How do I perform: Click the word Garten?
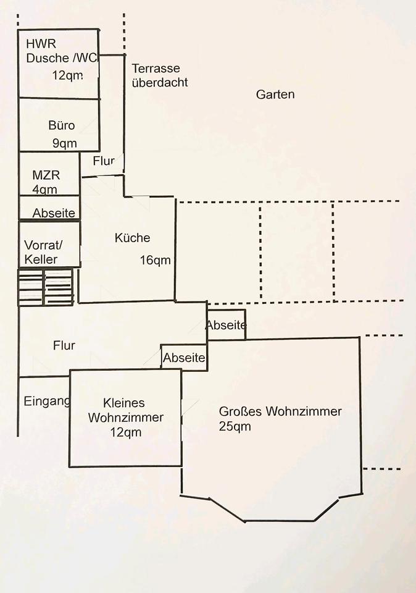pyautogui.click(x=275, y=95)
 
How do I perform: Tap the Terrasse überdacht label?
pyautogui.click(x=160, y=75)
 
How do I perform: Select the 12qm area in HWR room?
pyautogui.click(x=67, y=75)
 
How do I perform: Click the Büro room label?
pyautogui.click(x=62, y=125)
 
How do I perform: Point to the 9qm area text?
pyautogui.click(x=64, y=144)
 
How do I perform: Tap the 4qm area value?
pyautogui.click(x=44, y=190)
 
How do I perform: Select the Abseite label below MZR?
pyautogui.click(x=54, y=213)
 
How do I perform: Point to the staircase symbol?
pyautogui.click(x=46, y=287)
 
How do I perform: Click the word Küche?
pyautogui.click(x=132, y=238)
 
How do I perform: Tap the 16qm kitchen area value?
pyautogui.click(x=156, y=260)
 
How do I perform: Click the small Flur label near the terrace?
pyautogui.click(x=104, y=161)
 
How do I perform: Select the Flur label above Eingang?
pyautogui.click(x=64, y=345)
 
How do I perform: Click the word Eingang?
pyautogui.click(x=47, y=401)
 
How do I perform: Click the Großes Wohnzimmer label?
pyautogui.click(x=280, y=411)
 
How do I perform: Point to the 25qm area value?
pyautogui.click(x=235, y=426)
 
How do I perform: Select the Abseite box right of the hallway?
pyautogui.click(x=227, y=326)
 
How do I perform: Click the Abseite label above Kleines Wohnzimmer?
pyautogui.click(x=184, y=358)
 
